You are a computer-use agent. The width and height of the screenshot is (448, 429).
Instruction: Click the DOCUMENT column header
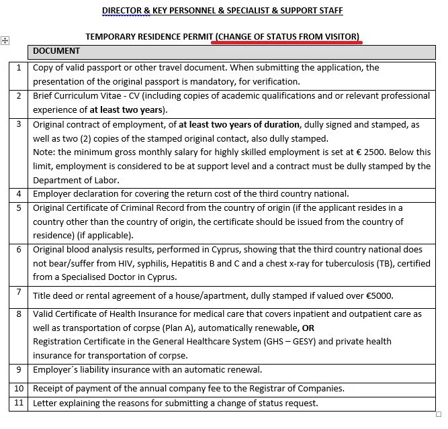coord(56,51)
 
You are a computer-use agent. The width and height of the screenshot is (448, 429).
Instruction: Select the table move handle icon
coord(5,41)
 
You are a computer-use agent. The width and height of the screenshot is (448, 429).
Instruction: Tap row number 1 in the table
coord(19,68)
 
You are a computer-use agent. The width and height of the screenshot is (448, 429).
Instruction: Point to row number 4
coord(19,193)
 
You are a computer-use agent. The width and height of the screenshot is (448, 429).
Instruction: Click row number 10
coord(19,388)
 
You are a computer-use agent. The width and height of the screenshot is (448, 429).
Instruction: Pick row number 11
coord(19,403)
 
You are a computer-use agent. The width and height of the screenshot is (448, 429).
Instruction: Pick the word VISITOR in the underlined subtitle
coord(340,36)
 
